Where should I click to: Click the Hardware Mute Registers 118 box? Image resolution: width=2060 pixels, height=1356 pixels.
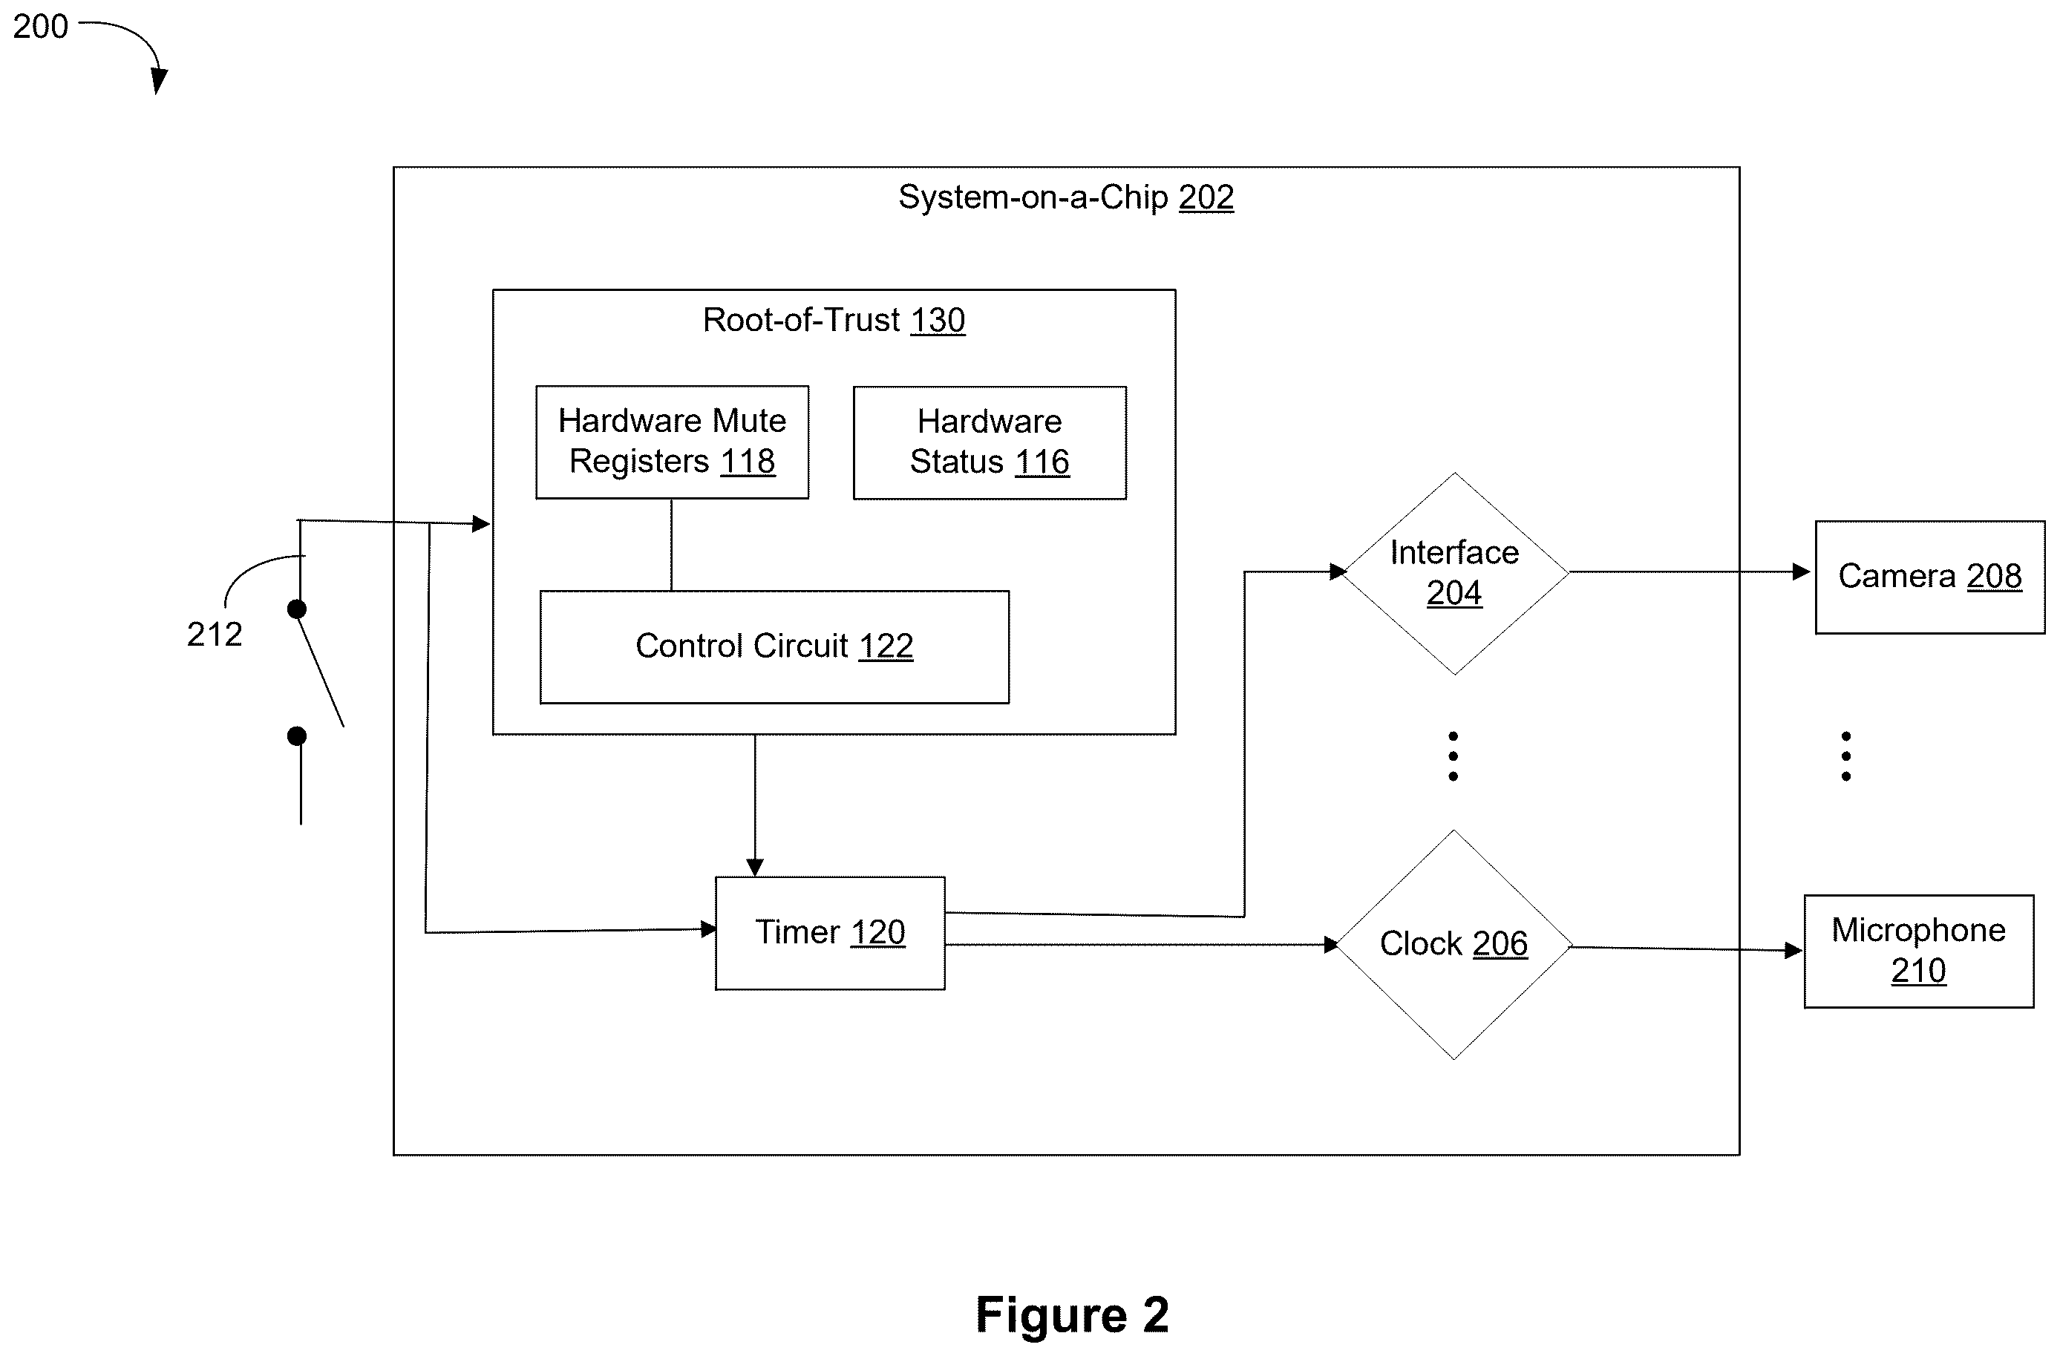tap(673, 442)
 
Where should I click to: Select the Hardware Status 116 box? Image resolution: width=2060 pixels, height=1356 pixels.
tap(990, 443)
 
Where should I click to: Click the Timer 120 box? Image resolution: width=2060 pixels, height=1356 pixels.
tap(830, 933)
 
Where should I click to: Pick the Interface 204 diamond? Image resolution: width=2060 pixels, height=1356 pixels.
tap(1454, 573)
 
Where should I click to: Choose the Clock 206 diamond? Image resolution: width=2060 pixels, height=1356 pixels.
tap(1454, 944)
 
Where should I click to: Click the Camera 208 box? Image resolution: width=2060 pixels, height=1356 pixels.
tap(1930, 577)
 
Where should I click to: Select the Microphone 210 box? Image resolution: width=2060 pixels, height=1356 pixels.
tap(1919, 951)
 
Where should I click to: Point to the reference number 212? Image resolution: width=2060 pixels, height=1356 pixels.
tap(215, 635)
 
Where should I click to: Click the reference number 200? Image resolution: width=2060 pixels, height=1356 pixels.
tap(41, 27)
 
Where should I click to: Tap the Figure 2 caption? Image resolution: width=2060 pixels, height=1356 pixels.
tap(1073, 1314)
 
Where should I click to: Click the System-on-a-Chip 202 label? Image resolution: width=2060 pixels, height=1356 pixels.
tap(1065, 197)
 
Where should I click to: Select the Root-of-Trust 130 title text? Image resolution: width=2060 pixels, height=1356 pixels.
tap(834, 320)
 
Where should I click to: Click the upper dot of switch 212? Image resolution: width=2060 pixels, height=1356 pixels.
tap(297, 609)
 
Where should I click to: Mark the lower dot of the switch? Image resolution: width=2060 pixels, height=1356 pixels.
tap(297, 736)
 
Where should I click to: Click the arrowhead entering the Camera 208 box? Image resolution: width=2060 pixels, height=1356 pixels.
tap(1801, 572)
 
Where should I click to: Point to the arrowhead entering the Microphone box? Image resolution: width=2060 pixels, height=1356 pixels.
tap(1793, 951)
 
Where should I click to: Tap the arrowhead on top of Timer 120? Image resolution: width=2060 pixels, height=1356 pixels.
tap(755, 867)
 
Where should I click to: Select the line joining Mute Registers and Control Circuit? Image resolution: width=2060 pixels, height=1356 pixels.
tap(671, 546)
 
